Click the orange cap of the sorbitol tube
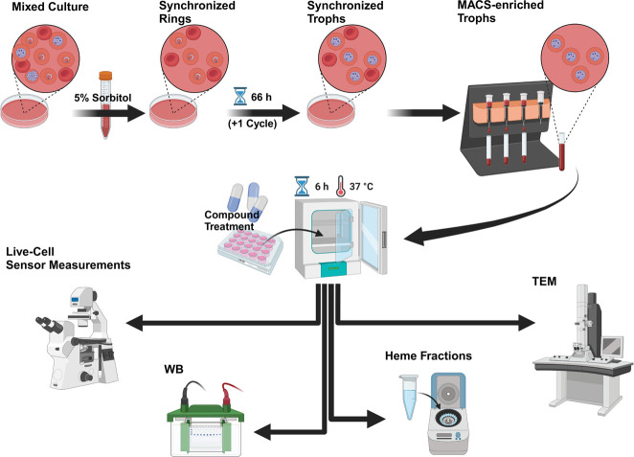tap(105, 76)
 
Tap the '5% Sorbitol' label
tap(102, 98)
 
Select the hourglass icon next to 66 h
tap(240, 97)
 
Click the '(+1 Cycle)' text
tap(252, 124)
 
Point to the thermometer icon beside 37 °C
tap(341, 186)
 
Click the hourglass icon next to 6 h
tap(302, 186)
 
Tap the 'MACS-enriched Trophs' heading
tap(501, 11)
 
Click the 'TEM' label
tap(544, 281)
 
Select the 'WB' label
tap(173, 369)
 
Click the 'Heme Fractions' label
tap(428, 355)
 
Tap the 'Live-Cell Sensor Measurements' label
tap(68, 259)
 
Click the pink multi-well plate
tap(251, 252)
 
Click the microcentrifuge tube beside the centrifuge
tap(409, 397)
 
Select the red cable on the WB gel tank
tap(229, 391)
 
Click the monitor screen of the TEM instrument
tap(611, 346)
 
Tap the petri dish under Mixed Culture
tap(25, 112)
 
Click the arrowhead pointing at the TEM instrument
tap(527, 323)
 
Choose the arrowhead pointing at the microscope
tap(135, 323)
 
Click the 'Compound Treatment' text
tap(231, 220)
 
